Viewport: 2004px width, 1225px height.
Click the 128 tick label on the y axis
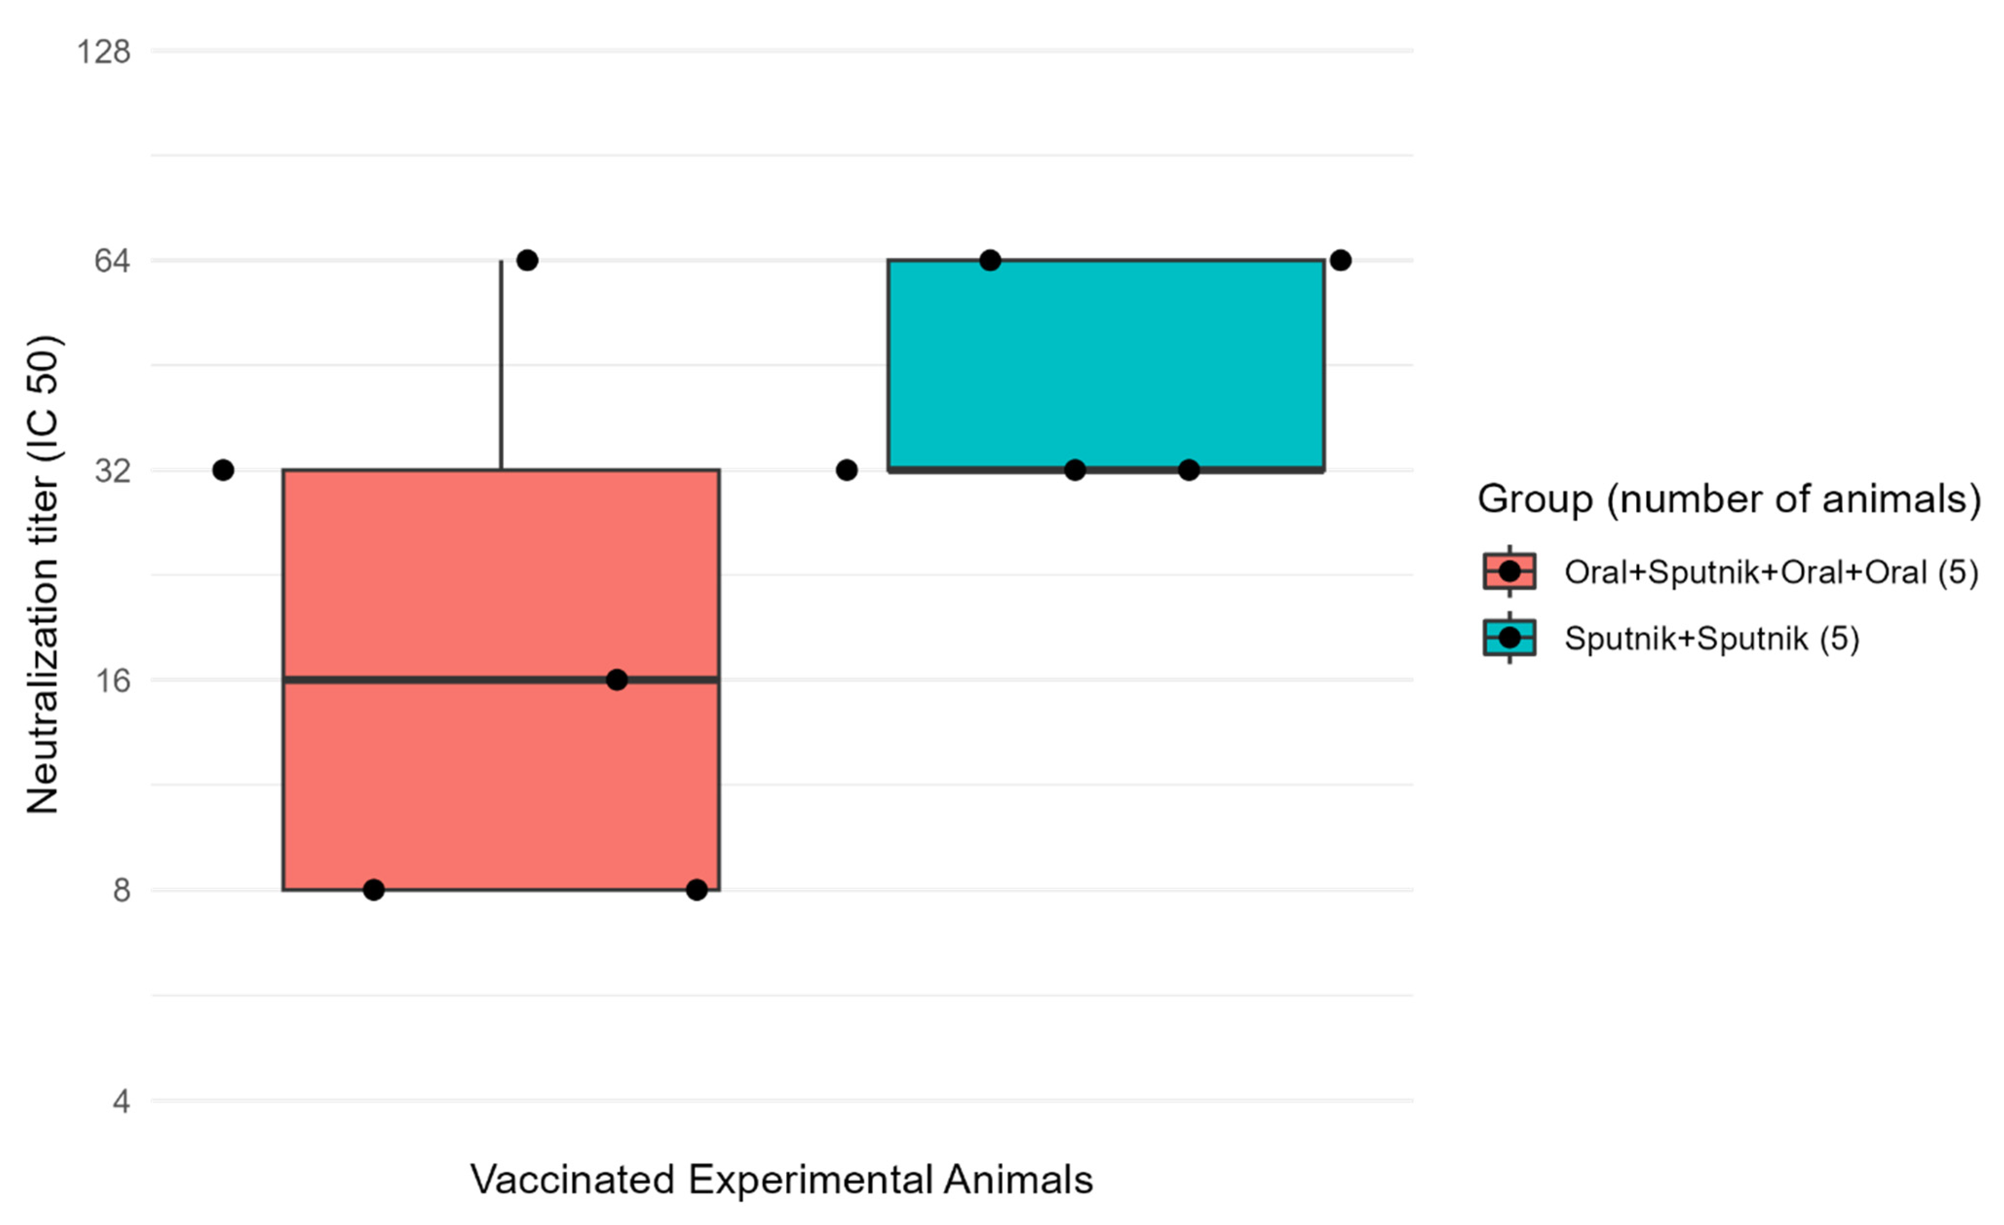tap(103, 51)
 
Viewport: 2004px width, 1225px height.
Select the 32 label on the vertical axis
tap(112, 470)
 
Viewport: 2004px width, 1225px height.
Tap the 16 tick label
tap(112, 680)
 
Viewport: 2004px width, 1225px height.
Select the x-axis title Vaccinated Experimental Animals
tap(781, 1180)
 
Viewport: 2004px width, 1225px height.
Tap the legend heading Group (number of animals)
tap(1728, 498)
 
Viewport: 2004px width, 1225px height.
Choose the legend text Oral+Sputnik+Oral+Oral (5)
tap(1771, 573)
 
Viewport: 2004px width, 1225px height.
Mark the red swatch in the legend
tap(1508, 571)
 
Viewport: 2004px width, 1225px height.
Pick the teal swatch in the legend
tap(1508, 638)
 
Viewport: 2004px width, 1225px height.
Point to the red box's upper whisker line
tap(501, 366)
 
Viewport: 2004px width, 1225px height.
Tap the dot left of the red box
tap(223, 470)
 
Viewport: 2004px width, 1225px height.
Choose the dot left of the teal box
tap(847, 470)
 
